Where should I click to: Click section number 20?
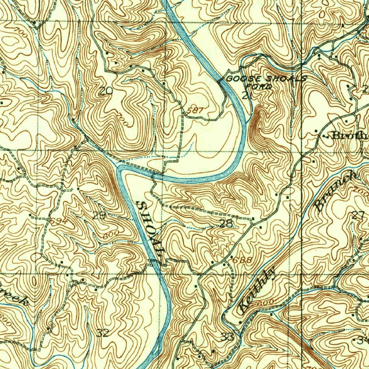click(x=106, y=92)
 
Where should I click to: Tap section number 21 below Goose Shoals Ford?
click(x=246, y=95)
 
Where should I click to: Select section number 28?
click(x=226, y=223)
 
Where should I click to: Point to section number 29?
click(x=99, y=216)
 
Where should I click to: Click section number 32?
click(x=103, y=333)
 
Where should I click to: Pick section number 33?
click(x=227, y=338)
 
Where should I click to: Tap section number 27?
click(x=358, y=216)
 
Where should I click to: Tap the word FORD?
click(x=258, y=86)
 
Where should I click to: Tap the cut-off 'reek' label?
click(x=14, y=295)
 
